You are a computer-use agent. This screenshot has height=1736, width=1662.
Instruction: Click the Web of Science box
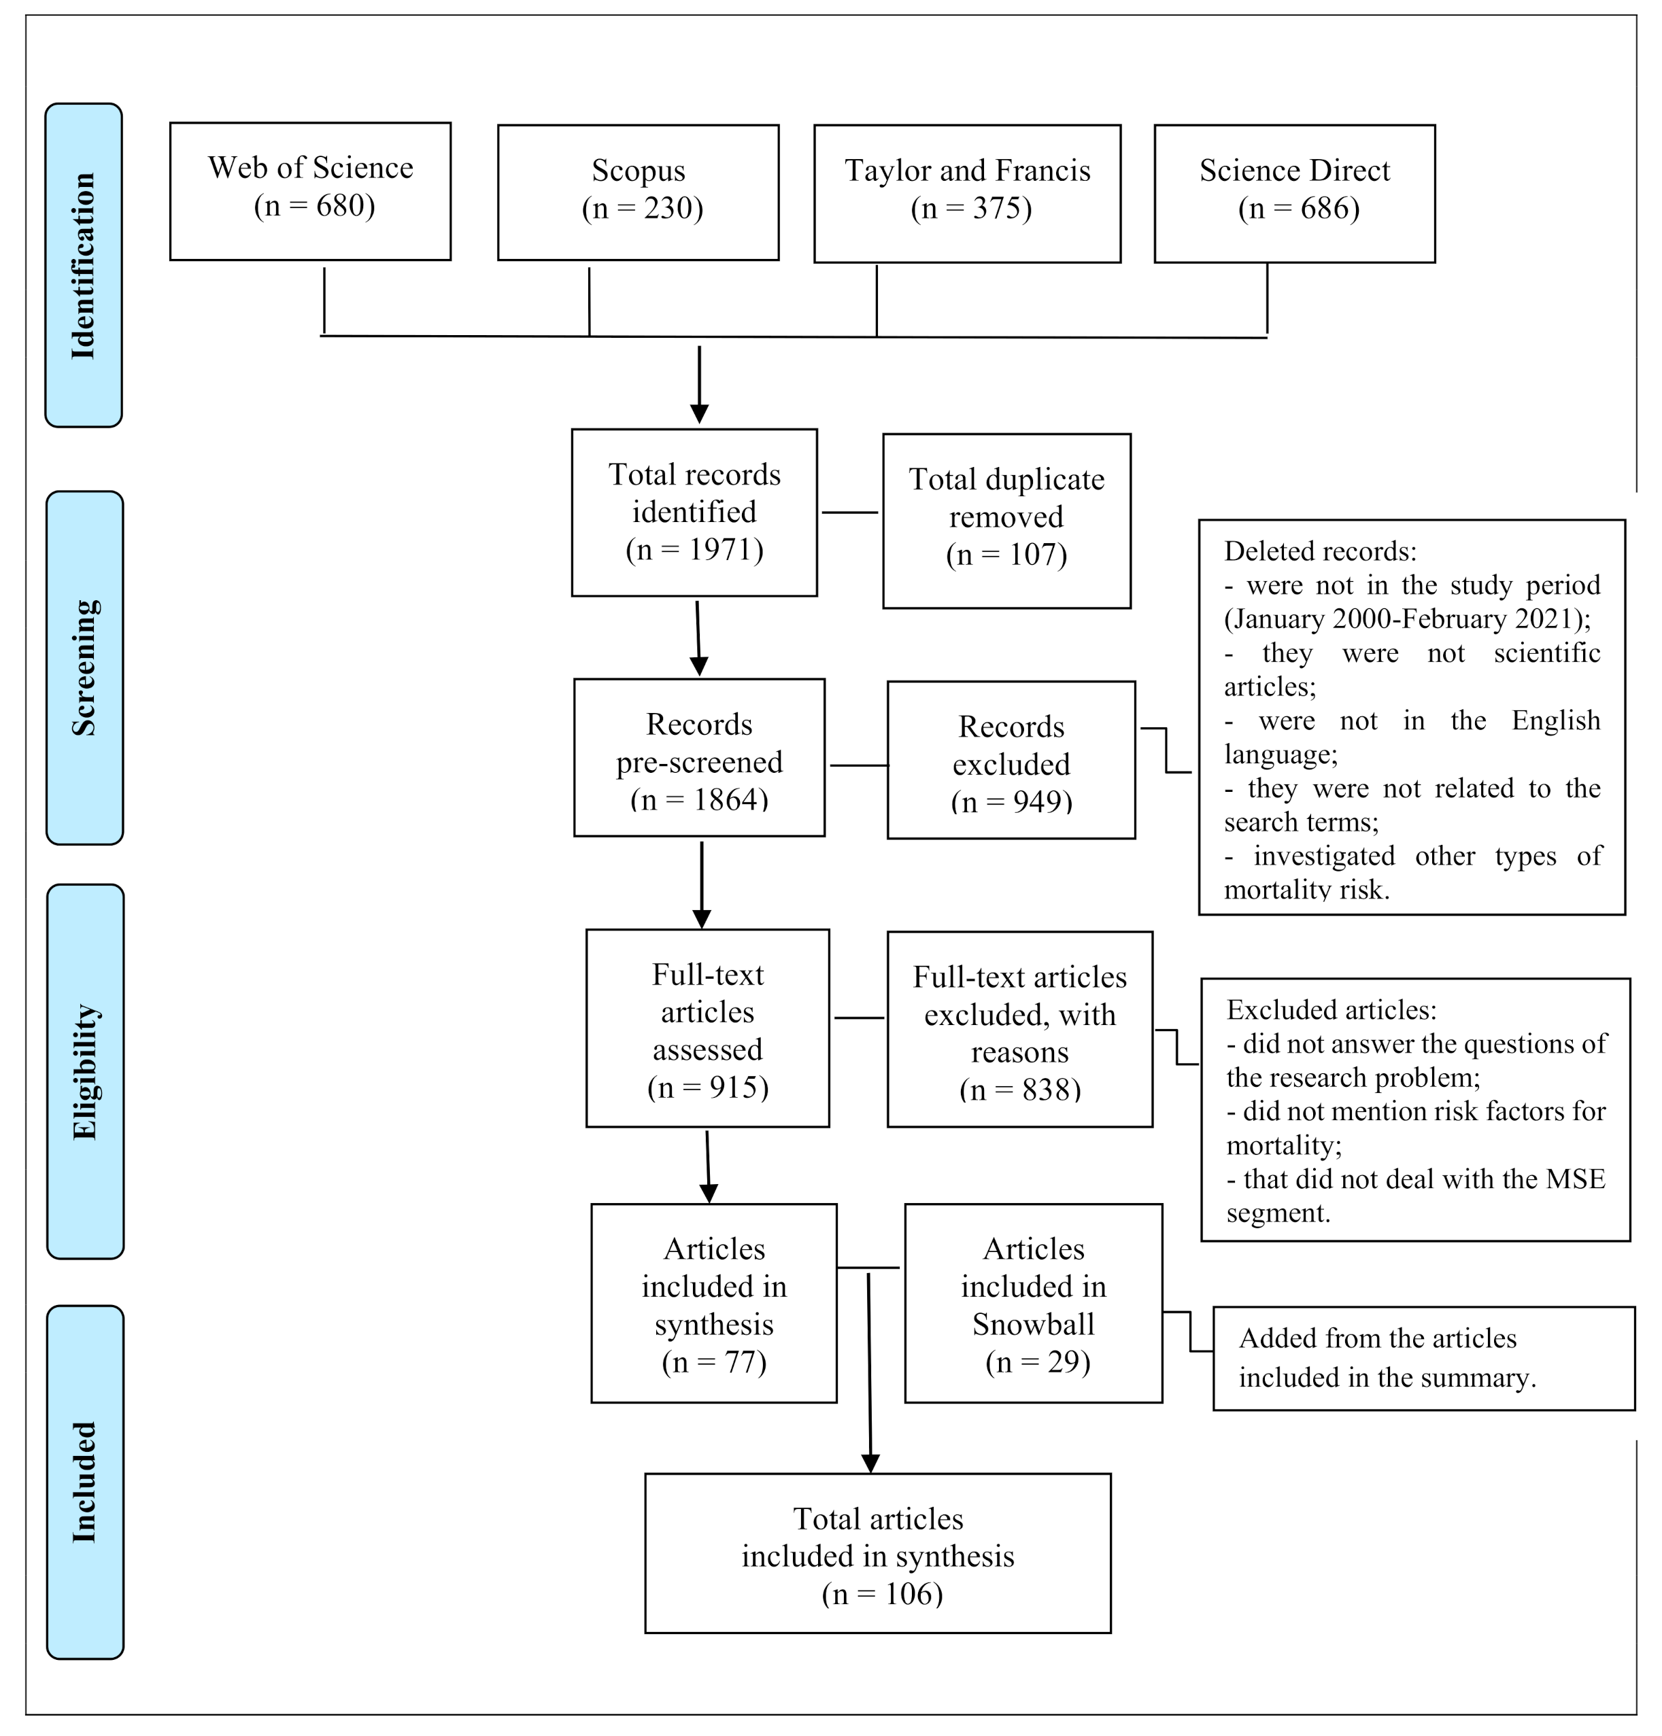click(x=310, y=190)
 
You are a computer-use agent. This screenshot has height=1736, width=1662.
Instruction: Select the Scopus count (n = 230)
click(x=641, y=208)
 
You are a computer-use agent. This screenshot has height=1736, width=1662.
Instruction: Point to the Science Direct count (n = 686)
click(x=1298, y=208)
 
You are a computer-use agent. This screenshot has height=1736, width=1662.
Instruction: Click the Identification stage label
click(x=83, y=266)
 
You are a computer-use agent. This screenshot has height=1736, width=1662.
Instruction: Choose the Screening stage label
click(x=84, y=668)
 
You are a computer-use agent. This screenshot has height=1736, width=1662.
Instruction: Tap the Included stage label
click(x=84, y=1482)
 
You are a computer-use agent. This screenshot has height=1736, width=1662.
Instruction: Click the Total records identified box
click(x=694, y=512)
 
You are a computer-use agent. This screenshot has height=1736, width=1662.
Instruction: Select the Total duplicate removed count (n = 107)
click(x=1006, y=555)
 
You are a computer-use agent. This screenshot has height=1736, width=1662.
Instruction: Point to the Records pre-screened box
click(x=698, y=758)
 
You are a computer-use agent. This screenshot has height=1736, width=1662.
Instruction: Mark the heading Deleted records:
click(x=1319, y=552)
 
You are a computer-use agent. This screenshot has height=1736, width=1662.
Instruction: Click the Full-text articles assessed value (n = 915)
click(x=707, y=1087)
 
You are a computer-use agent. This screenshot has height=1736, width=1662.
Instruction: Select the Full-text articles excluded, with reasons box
click(x=1019, y=1028)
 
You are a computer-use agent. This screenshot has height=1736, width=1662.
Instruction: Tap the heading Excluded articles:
click(x=1331, y=1009)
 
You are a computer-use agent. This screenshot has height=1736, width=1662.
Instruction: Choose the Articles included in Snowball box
click(x=1032, y=1303)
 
